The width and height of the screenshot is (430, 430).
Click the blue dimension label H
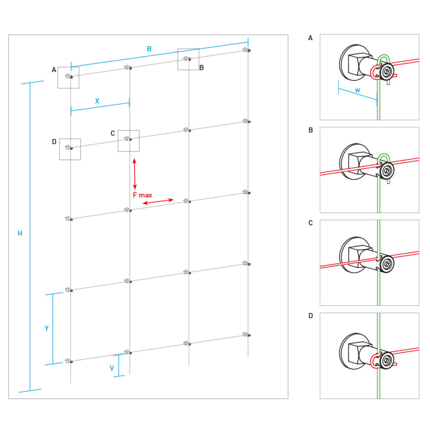(20, 234)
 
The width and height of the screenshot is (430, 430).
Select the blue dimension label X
(97, 100)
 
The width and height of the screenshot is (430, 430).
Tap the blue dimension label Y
(47, 328)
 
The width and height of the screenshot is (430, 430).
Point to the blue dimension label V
(112, 367)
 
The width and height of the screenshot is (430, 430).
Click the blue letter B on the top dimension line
(149, 49)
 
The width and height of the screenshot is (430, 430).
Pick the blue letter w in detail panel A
(358, 90)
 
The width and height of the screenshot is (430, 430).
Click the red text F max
(143, 195)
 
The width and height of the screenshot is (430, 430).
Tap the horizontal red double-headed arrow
(158, 202)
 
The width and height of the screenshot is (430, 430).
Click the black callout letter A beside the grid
(54, 69)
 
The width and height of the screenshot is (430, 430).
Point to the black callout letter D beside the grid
(54, 141)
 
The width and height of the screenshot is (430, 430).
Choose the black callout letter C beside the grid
(113, 133)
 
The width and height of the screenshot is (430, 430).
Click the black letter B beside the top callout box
(201, 68)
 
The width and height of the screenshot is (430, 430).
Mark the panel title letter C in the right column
(310, 223)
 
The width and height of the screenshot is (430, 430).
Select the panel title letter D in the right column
(310, 315)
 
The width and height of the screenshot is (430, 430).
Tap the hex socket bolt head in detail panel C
(387, 264)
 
